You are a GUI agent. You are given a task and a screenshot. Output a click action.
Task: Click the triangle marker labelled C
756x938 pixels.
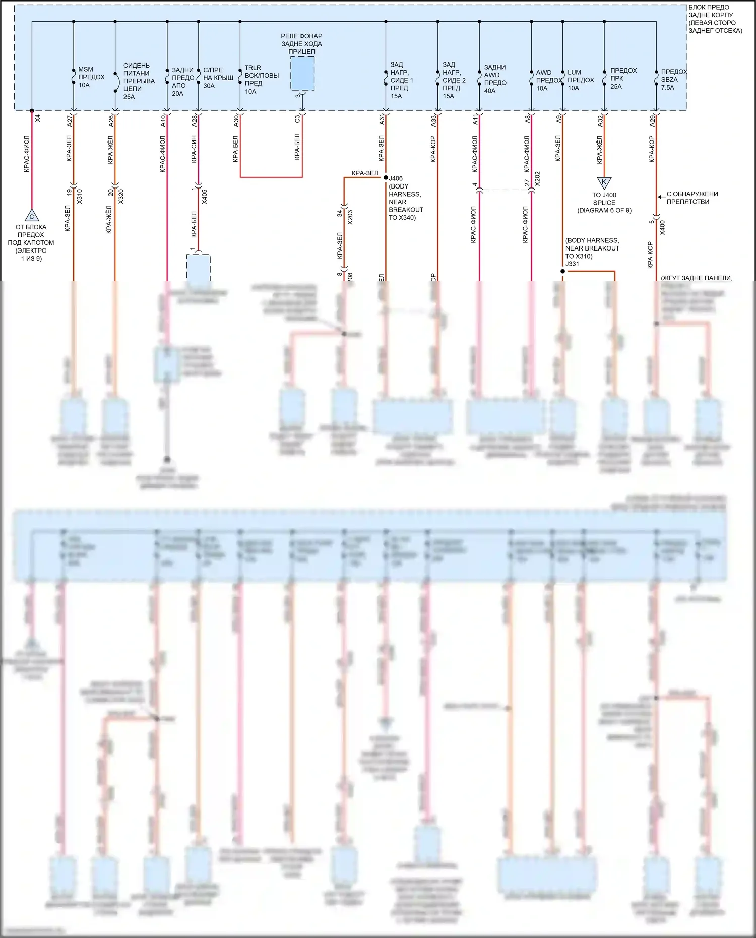click(31, 216)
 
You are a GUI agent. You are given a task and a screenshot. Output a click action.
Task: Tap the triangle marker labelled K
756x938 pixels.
click(604, 182)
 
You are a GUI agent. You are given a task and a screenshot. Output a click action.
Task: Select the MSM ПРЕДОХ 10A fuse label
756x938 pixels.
click(91, 77)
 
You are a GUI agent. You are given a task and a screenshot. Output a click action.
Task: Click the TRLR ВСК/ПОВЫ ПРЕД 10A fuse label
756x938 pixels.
click(261, 80)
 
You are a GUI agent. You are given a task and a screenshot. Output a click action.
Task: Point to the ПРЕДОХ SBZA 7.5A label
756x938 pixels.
click(673, 80)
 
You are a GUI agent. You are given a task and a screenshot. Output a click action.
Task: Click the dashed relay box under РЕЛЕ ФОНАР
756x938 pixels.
click(302, 74)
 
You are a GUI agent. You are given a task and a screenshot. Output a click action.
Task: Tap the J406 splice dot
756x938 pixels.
click(386, 178)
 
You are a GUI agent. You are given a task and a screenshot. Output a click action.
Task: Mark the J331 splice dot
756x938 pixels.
click(563, 271)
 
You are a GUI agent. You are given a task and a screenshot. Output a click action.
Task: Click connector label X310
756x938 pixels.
click(79, 197)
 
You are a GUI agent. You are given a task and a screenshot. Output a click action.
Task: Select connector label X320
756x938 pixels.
click(121, 197)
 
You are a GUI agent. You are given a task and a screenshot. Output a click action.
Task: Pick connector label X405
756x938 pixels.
click(204, 197)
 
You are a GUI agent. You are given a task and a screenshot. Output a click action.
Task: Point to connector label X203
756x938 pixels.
click(350, 217)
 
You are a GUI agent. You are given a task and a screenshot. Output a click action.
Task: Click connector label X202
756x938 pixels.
click(537, 179)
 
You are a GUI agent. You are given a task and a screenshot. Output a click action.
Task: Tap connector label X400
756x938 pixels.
click(662, 228)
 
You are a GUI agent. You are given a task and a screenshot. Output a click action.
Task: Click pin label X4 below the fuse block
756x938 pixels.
click(38, 118)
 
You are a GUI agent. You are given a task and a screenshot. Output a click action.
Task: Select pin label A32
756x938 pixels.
click(600, 120)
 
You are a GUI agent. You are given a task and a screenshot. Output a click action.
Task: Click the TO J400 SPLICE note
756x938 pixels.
click(604, 203)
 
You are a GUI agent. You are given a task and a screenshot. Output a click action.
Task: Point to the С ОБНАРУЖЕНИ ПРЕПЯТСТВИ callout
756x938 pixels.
click(691, 198)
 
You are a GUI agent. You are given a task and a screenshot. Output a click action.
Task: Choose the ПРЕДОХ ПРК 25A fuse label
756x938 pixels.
click(623, 79)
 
